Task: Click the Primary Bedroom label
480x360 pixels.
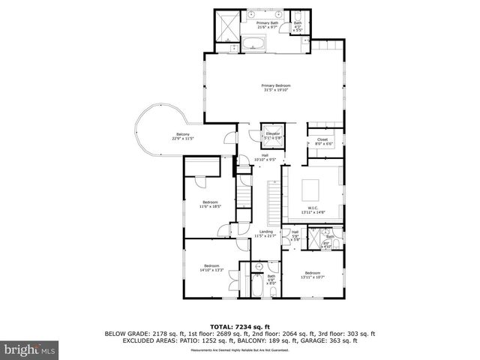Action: [x=275, y=85]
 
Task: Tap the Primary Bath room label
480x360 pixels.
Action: [x=267, y=23]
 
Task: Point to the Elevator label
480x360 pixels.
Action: [x=272, y=133]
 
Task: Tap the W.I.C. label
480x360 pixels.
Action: [x=313, y=208]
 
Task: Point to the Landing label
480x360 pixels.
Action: [x=266, y=232]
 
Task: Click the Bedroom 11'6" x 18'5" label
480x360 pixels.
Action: [x=209, y=202]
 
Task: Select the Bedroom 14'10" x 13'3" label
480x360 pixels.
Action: [x=212, y=265]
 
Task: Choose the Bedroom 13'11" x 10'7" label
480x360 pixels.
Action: [x=312, y=272]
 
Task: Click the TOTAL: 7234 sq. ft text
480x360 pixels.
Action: [x=240, y=327]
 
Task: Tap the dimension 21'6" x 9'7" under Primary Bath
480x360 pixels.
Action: [x=267, y=28]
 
